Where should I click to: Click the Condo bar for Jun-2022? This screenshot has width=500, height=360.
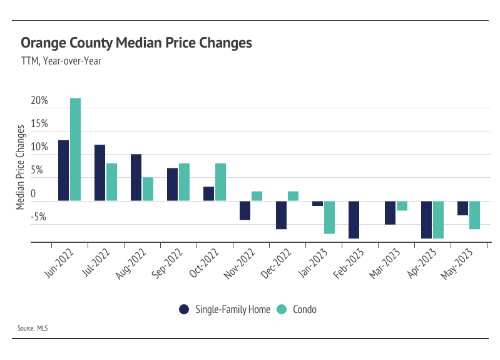coord(75,150)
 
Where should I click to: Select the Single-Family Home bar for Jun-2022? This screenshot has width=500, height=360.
coord(63,170)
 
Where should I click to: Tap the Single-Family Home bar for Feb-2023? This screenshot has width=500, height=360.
coord(354,220)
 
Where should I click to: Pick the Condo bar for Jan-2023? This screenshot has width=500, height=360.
coord(329,217)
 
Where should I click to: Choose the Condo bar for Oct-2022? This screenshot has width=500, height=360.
coord(220,182)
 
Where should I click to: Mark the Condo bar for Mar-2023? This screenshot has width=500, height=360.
coord(402,206)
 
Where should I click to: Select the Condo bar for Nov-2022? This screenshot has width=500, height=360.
coord(257,196)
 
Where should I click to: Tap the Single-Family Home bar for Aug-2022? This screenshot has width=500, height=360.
coord(136,177)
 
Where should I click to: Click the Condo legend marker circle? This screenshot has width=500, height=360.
coord(282,309)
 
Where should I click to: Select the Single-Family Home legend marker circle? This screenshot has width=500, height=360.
coord(184,309)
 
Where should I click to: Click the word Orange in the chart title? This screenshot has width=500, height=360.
coord(41,43)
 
